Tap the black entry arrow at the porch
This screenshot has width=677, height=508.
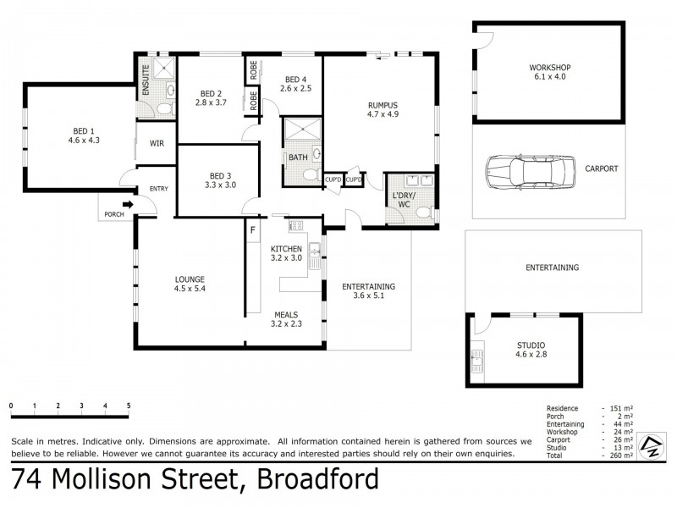pyautogui.click(x=129, y=203)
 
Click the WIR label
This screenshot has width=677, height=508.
pyautogui.click(x=157, y=144)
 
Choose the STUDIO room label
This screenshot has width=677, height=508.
pyautogui.click(x=531, y=345)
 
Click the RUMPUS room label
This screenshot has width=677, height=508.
pyautogui.click(x=383, y=106)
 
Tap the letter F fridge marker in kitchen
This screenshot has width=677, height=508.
pyautogui.click(x=252, y=229)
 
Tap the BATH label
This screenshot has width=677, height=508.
pyautogui.click(x=297, y=157)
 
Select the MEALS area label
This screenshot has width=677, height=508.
pyautogui.click(x=285, y=313)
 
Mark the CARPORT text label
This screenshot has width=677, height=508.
pyautogui.click(x=601, y=168)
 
